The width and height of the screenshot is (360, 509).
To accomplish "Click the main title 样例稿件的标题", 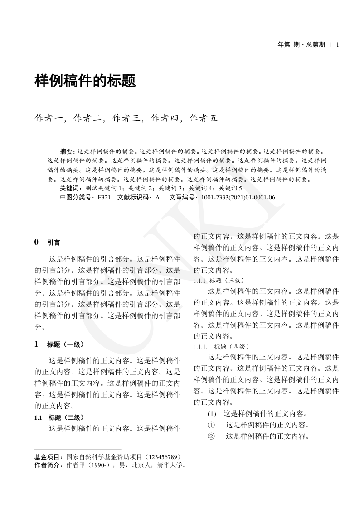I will (x=85, y=81).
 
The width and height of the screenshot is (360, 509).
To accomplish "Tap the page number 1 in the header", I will (x=338, y=44).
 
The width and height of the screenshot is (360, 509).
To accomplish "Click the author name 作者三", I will (x=126, y=119).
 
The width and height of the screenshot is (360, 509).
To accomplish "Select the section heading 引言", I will (x=54, y=242).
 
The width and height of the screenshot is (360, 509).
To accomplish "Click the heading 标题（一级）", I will (x=65, y=344).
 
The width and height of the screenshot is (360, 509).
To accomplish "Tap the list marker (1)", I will (x=212, y=414).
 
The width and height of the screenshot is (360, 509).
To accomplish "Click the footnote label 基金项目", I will (x=49, y=457).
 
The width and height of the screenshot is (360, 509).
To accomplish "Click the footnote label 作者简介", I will (x=49, y=465).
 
